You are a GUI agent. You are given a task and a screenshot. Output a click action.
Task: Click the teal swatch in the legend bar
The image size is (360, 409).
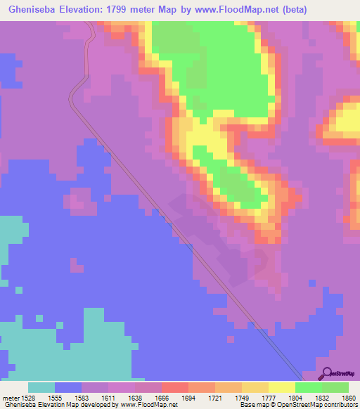tap(41, 387)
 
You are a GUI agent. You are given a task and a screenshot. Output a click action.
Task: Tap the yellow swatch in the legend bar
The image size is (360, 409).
tap(281, 387)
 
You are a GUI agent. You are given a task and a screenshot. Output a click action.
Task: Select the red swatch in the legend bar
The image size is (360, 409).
tap(174, 387)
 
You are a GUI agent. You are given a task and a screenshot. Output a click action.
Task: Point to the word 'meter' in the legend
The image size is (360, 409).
tap(11, 398)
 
